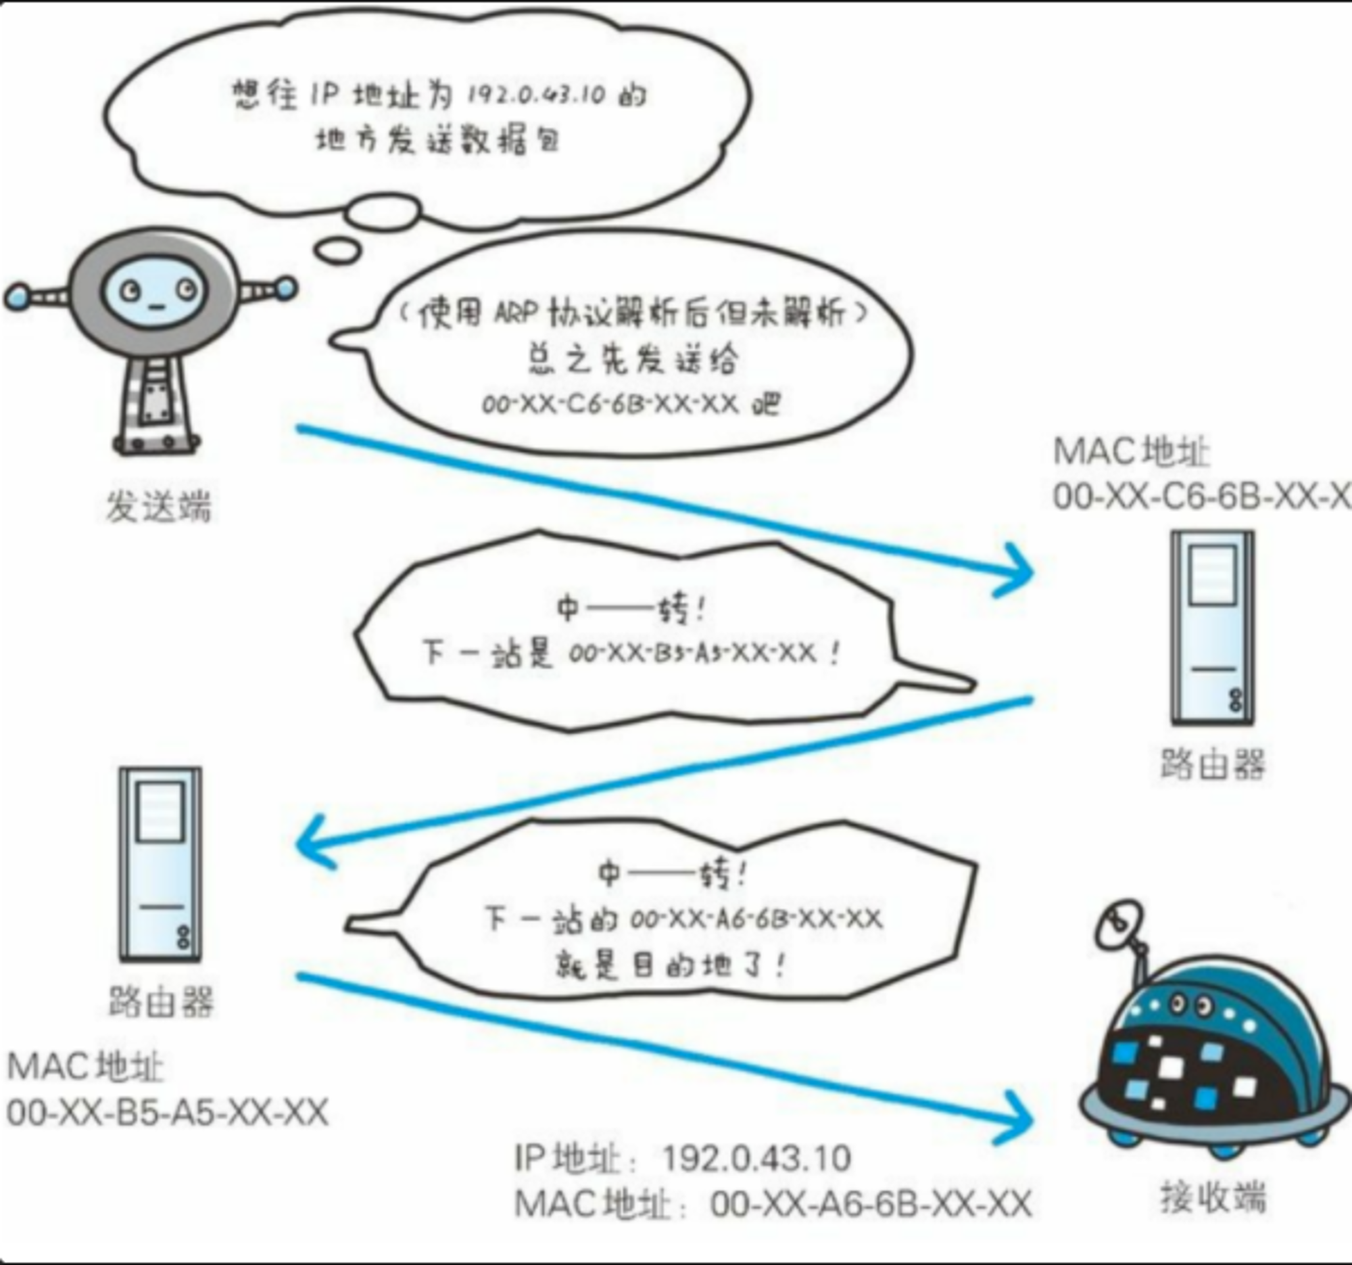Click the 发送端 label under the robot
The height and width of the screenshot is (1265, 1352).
click(x=158, y=506)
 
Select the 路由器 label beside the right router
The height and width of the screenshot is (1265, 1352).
click(x=1213, y=764)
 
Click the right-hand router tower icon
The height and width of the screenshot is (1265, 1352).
click(x=1213, y=628)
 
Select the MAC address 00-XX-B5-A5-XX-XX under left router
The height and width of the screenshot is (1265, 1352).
click(x=168, y=1113)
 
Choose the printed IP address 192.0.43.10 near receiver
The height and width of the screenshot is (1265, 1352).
click(x=756, y=1158)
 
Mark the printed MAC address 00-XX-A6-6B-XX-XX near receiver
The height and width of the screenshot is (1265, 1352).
click(x=871, y=1203)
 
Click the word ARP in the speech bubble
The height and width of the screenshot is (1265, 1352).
click(x=516, y=314)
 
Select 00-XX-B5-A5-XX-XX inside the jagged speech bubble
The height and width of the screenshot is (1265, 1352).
click(x=692, y=653)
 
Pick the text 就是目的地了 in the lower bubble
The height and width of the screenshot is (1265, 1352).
click(x=662, y=965)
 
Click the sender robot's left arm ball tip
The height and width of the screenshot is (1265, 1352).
click(x=16, y=296)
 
